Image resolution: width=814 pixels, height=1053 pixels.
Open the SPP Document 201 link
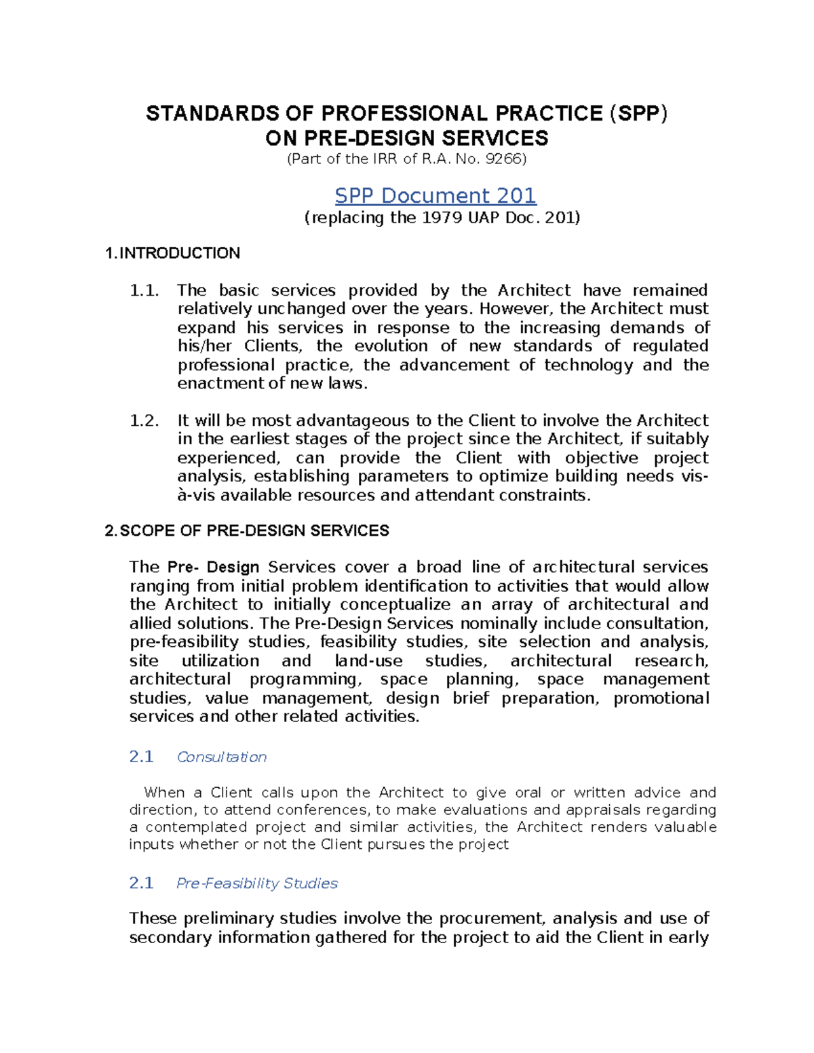[435, 196]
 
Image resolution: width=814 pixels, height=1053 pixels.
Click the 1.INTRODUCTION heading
[172, 254]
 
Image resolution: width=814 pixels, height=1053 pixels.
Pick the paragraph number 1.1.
[144, 291]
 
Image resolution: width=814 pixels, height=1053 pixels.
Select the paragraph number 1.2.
[144, 420]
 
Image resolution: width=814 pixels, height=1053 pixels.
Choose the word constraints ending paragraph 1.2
[544, 496]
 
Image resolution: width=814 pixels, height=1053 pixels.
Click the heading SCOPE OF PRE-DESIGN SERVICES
[254, 531]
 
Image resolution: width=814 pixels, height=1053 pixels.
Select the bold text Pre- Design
[214, 568]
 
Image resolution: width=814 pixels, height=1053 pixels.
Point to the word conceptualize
[395, 605]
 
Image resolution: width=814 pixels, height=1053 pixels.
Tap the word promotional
[661, 698]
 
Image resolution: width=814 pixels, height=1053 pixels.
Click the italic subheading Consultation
[221, 757]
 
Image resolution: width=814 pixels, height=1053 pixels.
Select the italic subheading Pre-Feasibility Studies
[256, 883]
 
